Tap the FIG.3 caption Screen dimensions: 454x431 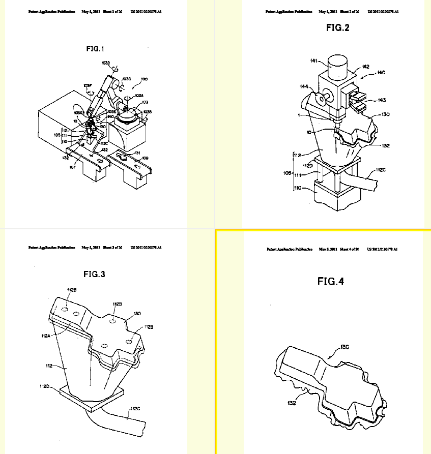pos(94,275)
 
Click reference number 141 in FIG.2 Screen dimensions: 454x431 pos(314,61)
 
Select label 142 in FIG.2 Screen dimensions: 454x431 pos(365,66)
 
